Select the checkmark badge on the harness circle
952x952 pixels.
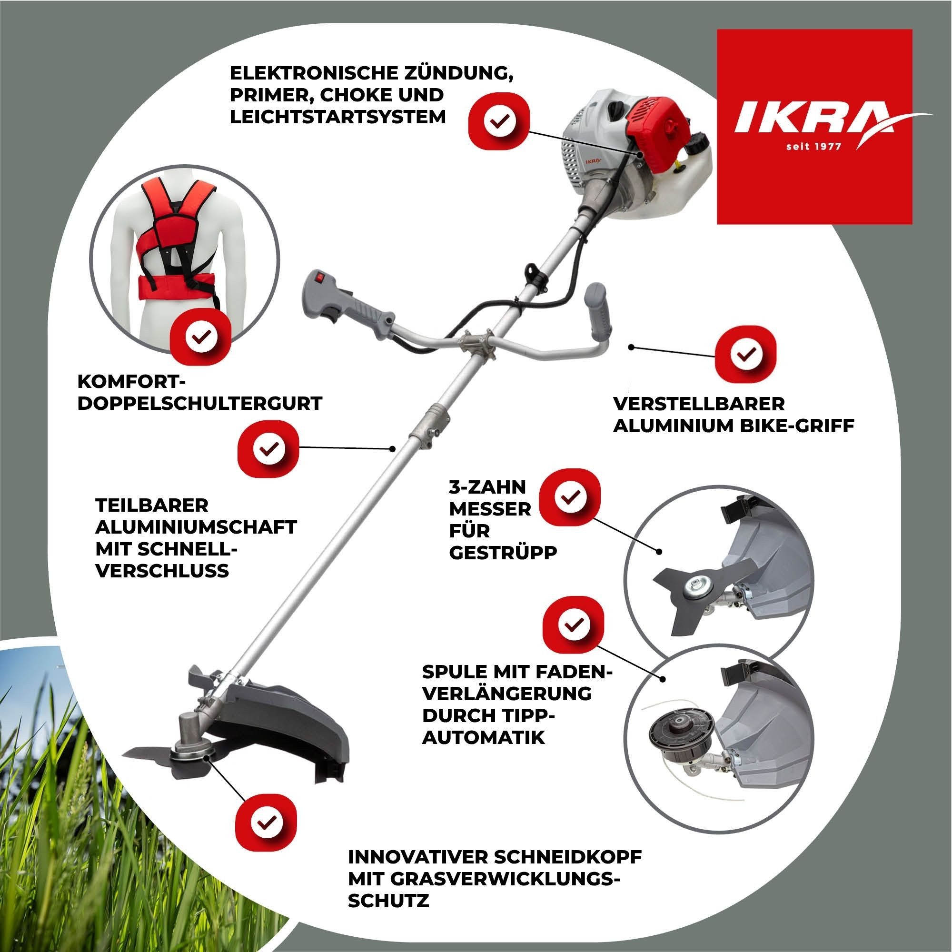(x=200, y=337)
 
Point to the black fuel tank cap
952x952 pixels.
(x=697, y=143)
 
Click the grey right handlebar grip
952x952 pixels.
(x=599, y=318)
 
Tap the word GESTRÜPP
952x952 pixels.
(x=503, y=552)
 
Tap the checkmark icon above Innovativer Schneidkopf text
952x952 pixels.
(x=266, y=821)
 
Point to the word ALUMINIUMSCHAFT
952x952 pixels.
(x=196, y=526)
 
